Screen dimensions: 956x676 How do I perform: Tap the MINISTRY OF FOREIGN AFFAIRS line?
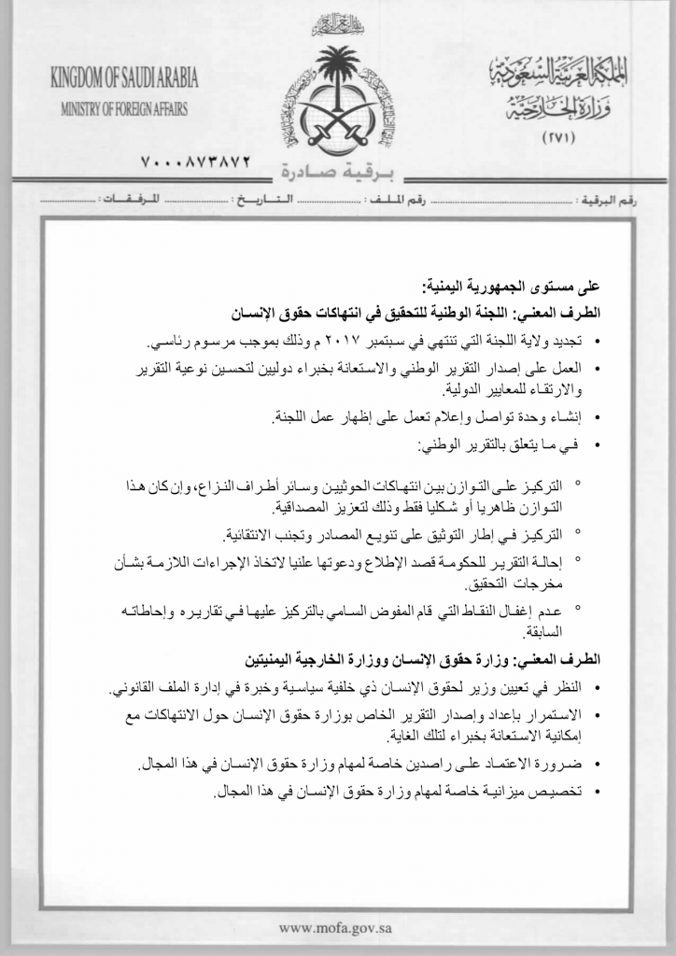124,108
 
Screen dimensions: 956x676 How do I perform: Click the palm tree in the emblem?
337,70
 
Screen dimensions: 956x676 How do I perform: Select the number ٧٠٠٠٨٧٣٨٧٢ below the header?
195,162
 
